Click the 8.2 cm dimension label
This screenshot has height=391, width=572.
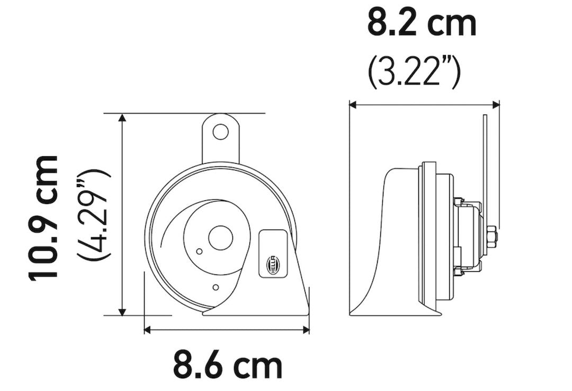click(x=422, y=24)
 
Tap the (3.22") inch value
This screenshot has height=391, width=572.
click(x=414, y=74)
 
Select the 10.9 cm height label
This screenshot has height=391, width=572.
click(x=43, y=217)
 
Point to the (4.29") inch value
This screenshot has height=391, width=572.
click(x=93, y=215)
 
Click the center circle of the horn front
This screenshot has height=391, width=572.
click(x=220, y=237)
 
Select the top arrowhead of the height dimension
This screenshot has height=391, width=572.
click(x=123, y=118)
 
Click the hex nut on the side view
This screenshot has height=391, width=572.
click(x=491, y=236)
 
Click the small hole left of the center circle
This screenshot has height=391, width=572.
click(x=199, y=252)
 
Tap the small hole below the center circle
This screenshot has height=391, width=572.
click(x=215, y=287)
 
